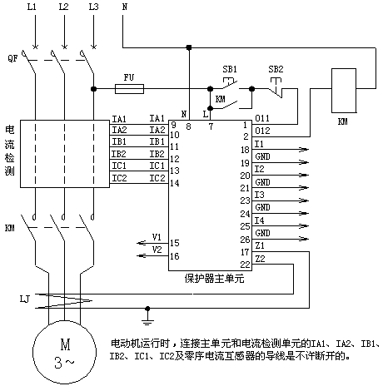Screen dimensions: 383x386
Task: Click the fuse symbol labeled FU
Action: (129, 89)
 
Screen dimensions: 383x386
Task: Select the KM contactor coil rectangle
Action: (344, 91)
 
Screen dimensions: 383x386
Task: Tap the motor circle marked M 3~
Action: (65, 352)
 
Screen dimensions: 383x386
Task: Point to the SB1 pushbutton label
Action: (230, 69)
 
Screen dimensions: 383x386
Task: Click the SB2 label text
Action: (276, 69)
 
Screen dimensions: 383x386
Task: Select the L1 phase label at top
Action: (32, 7)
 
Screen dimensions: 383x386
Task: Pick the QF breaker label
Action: (12, 58)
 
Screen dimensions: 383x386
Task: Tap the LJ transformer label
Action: (24, 299)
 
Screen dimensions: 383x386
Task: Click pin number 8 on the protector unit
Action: (188, 126)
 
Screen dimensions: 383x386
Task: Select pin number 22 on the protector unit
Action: (246, 265)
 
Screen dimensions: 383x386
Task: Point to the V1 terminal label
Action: (157, 237)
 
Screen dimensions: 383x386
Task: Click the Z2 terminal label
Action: (260, 259)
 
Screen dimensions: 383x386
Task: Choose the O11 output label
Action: (262, 118)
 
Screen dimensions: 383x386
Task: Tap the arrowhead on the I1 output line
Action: (304, 150)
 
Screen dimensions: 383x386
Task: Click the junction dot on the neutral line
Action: (189, 47)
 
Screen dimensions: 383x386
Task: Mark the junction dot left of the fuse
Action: (94, 89)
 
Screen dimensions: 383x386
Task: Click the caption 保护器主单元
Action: (214, 279)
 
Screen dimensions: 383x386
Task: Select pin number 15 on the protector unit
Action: (175, 243)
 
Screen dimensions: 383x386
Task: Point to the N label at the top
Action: (125, 7)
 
